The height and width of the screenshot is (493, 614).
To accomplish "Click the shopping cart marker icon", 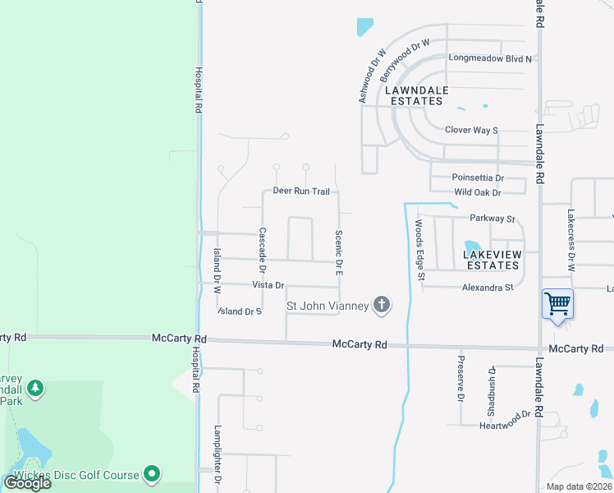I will pos(557,304).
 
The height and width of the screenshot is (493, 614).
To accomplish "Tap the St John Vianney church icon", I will pos(381,306).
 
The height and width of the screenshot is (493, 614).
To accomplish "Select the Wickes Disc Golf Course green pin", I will pos(152,473).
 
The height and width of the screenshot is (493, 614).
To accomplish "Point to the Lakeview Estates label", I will pos(492,260).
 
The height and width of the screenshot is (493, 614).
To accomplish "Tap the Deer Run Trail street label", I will pos(301,191).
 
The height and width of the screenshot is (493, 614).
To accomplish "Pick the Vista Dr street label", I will pos(268,285).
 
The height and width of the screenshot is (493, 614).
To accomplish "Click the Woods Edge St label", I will pos(419,250).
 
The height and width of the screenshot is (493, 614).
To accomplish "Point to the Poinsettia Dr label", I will pos(478,177).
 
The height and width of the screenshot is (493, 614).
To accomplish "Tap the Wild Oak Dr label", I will pos(477,192).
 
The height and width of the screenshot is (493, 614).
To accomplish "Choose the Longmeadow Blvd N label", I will pos(490,58).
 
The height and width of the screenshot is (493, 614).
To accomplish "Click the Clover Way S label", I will pos(471,130).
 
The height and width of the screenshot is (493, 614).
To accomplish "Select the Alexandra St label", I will pos(487,288).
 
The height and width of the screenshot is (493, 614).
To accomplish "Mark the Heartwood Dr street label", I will pos(506,420).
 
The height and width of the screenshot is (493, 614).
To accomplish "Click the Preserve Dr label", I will pos(461,379).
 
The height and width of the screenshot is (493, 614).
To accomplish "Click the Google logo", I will pos(27,483).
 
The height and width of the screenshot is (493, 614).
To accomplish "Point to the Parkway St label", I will pos(492,219).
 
